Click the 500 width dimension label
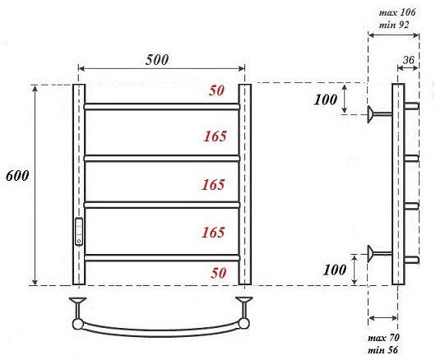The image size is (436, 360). pyautogui.click(x=157, y=60)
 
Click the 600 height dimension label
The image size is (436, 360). pyautogui.click(x=17, y=176)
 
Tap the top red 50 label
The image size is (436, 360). pyautogui.click(x=216, y=90)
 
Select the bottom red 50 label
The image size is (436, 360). pyautogui.click(x=218, y=273)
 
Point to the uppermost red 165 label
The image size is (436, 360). pyautogui.click(x=216, y=136)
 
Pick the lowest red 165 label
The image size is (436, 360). pyautogui.click(x=213, y=233)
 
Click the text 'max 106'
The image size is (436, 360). pyautogui.click(x=397, y=12)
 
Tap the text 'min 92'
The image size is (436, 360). pyautogui.click(x=394, y=25)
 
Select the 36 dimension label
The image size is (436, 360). pyautogui.click(x=409, y=60)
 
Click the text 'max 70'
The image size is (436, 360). pyautogui.click(x=383, y=338)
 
